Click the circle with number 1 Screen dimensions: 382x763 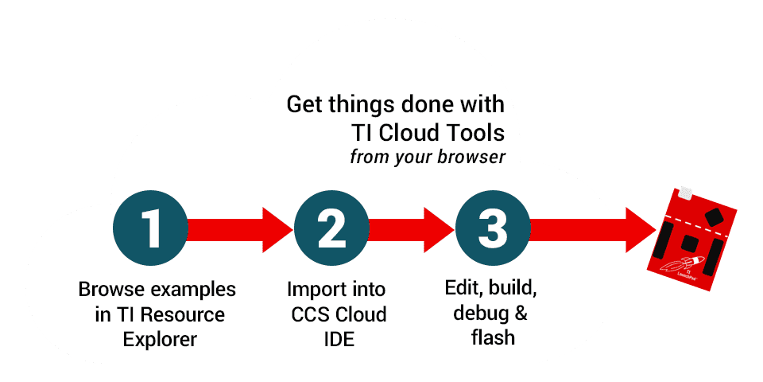150,228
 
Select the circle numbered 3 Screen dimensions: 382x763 492,228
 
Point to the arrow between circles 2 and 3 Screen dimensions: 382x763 411,228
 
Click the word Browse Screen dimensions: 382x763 109,288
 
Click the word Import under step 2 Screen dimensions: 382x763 312,288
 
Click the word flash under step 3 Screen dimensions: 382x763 493,337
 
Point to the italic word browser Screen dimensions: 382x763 471,157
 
